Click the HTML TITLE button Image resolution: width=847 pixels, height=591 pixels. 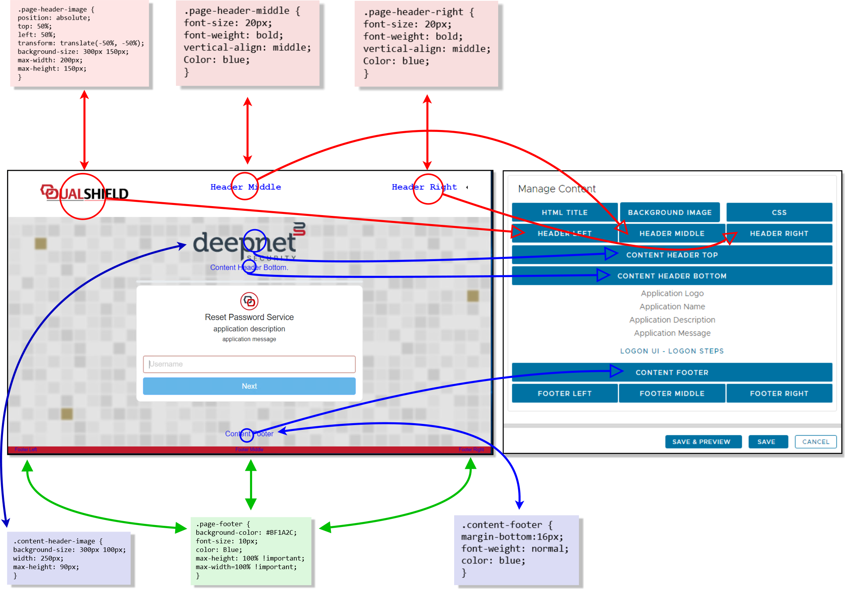click(564, 212)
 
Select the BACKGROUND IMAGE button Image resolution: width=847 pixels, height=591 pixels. click(669, 212)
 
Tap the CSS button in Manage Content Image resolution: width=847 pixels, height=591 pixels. click(779, 212)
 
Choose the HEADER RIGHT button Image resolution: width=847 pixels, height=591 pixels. click(779, 233)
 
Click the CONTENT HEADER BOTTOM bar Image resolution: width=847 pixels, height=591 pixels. click(671, 276)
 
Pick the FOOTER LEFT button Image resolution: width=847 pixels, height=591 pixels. click(564, 393)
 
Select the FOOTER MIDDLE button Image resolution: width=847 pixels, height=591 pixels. click(671, 393)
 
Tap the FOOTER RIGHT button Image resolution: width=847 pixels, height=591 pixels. click(779, 393)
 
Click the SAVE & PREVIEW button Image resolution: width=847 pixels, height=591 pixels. click(701, 442)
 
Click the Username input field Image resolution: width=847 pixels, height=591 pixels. click(249, 364)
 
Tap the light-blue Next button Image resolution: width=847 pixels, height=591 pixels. click(249, 386)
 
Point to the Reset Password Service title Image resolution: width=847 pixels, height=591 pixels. click(249, 317)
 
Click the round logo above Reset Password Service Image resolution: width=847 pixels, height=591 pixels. click(249, 301)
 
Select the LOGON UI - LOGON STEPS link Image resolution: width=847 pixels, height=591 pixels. click(672, 351)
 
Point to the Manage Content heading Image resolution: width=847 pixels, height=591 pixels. click(556, 189)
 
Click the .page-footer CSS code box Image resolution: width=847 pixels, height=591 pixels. click(250, 550)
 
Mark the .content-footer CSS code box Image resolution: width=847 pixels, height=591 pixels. click(516, 550)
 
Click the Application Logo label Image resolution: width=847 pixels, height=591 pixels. click(672, 293)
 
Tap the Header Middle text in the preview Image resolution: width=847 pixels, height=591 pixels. click(245, 187)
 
